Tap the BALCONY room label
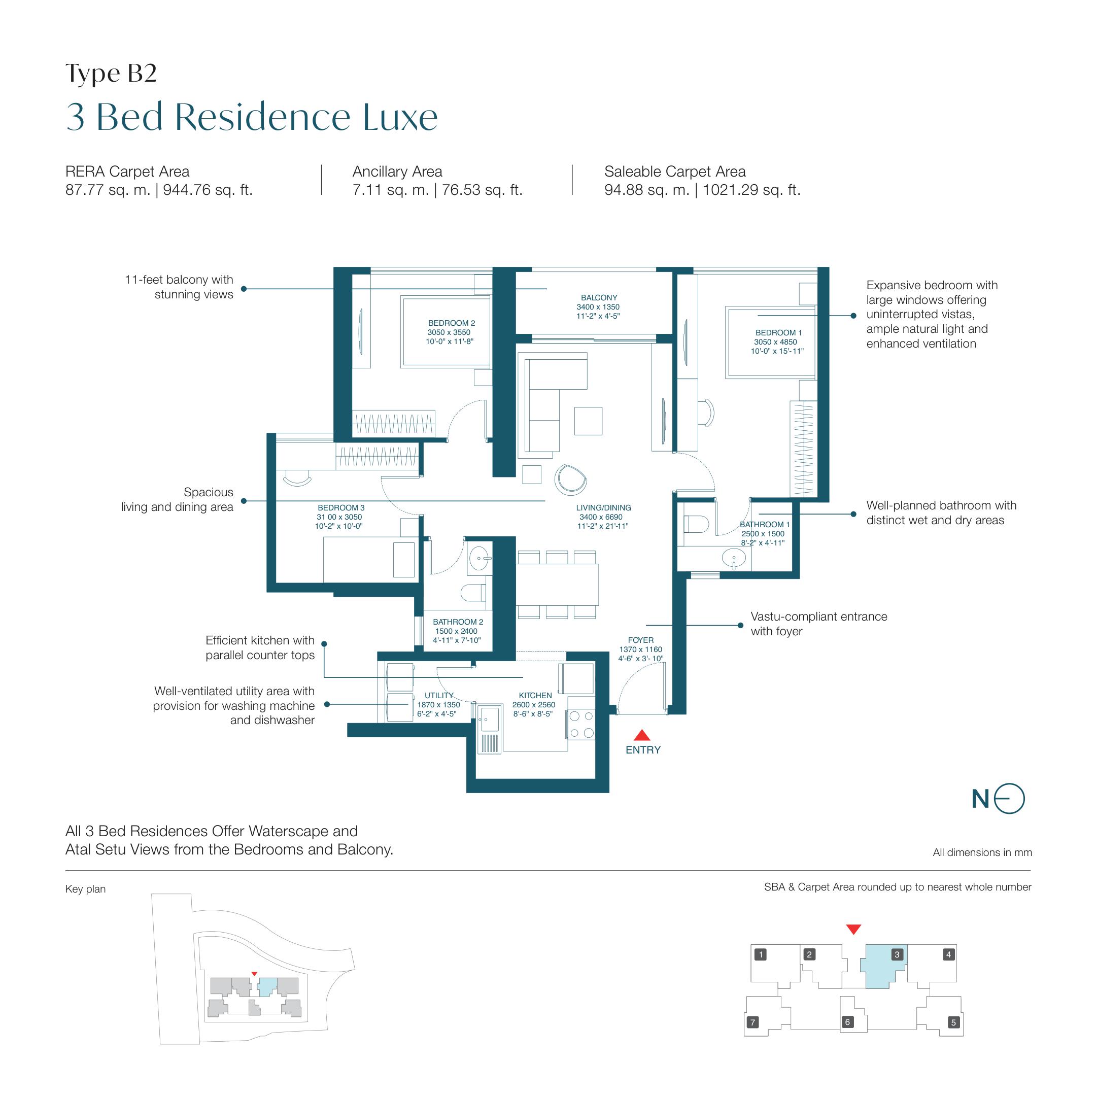pos(599,297)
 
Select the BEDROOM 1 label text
pos(778,332)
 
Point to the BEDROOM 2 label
pos(451,323)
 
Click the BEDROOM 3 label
pos(341,508)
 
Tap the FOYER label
pos(640,640)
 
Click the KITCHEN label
pos(535,696)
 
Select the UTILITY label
pos(439,696)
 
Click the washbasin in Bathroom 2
pos(480,558)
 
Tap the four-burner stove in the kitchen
pos(581,725)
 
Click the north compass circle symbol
pos(1010,799)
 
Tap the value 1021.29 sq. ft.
pos(751,190)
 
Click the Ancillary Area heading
pos(397,172)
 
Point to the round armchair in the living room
pos(570,479)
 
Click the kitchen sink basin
pos(489,720)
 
